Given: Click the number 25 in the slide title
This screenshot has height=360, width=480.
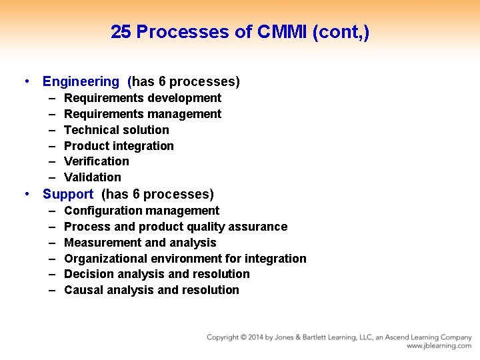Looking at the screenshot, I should pyautogui.click(x=121, y=32).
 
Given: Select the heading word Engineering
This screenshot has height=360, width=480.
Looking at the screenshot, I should pyautogui.click(x=81, y=82).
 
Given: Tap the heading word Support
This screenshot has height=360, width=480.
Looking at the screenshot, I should pyautogui.click(x=68, y=195).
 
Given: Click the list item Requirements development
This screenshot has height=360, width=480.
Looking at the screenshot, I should pyautogui.click(x=142, y=98).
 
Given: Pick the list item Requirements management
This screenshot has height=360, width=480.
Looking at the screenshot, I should pyautogui.click(x=142, y=114).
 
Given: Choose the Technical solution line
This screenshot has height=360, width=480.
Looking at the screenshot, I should pyautogui.click(x=116, y=130).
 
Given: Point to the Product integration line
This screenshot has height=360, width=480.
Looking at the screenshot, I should pyautogui.click(x=119, y=146).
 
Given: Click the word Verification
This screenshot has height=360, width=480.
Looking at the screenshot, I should pyautogui.click(x=97, y=161).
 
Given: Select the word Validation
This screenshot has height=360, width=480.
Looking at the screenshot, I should pyautogui.click(x=93, y=177).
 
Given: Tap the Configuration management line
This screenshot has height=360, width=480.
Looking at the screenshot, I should pyautogui.click(x=141, y=211).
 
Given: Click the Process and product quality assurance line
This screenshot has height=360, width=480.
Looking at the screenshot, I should pyautogui.click(x=175, y=227).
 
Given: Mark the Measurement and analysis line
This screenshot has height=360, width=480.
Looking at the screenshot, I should pyautogui.click(x=140, y=243).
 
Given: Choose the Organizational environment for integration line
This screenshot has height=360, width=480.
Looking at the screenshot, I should pyautogui.click(x=185, y=259).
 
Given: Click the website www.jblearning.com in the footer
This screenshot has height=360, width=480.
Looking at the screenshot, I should pyautogui.click(x=439, y=346).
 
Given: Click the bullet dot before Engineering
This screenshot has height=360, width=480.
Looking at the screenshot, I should pyautogui.click(x=25, y=82).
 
